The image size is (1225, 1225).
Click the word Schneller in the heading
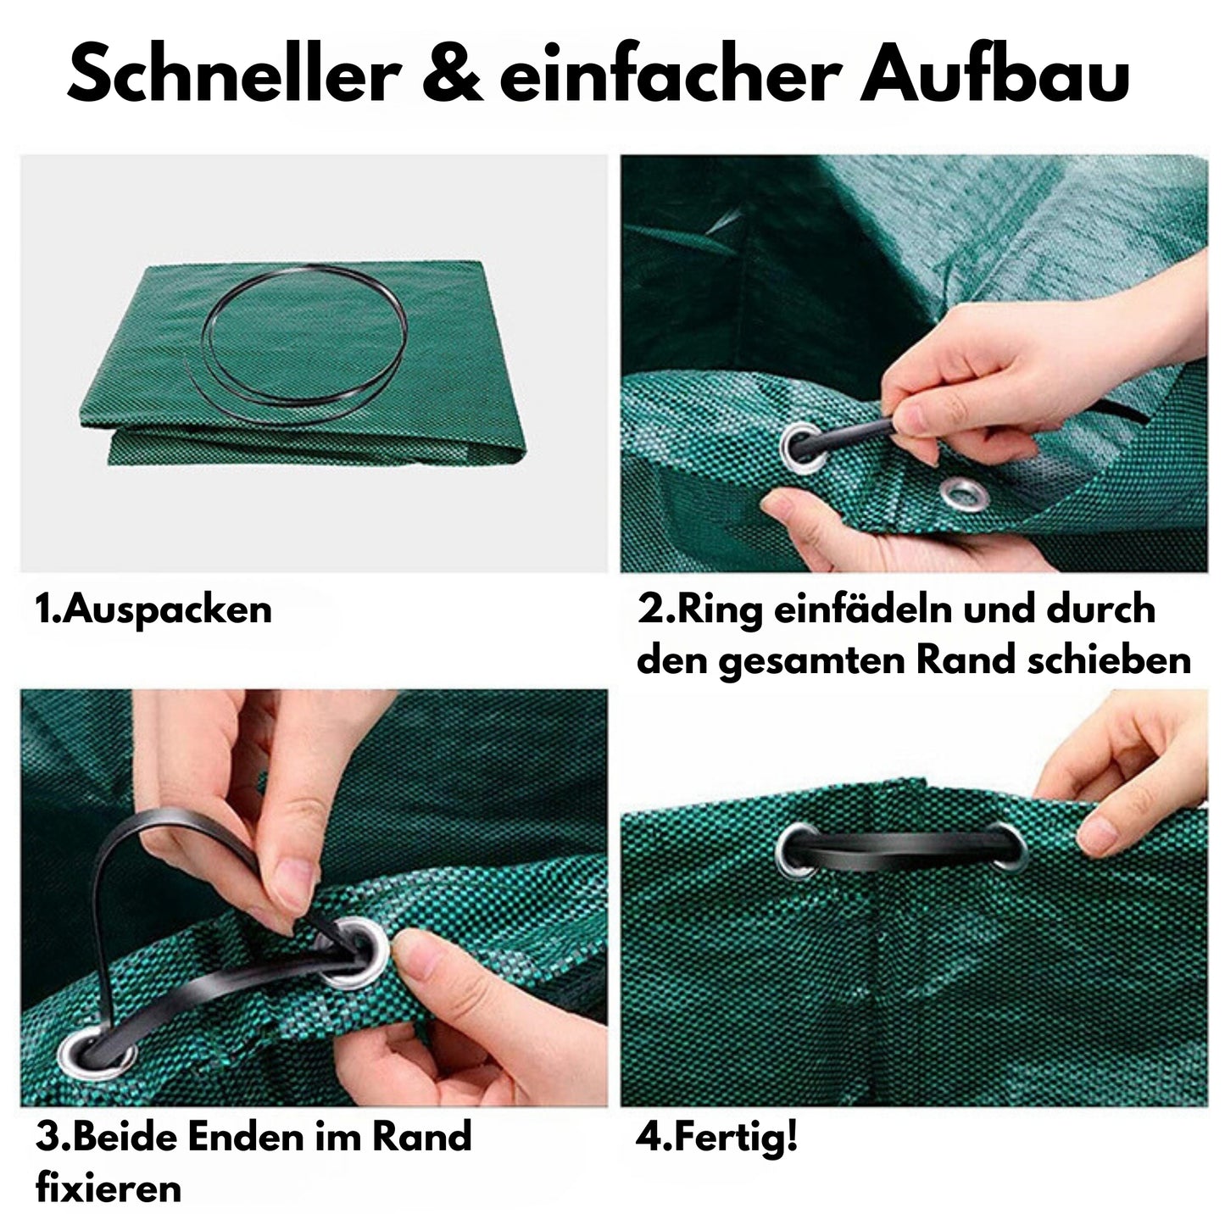click(234, 73)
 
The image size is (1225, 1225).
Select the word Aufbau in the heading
click(994, 73)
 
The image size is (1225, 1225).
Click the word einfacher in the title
click(671, 73)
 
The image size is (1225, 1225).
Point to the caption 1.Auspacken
click(153, 609)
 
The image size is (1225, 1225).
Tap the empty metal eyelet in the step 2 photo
click(965, 493)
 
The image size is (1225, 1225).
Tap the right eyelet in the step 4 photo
click(1008, 846)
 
